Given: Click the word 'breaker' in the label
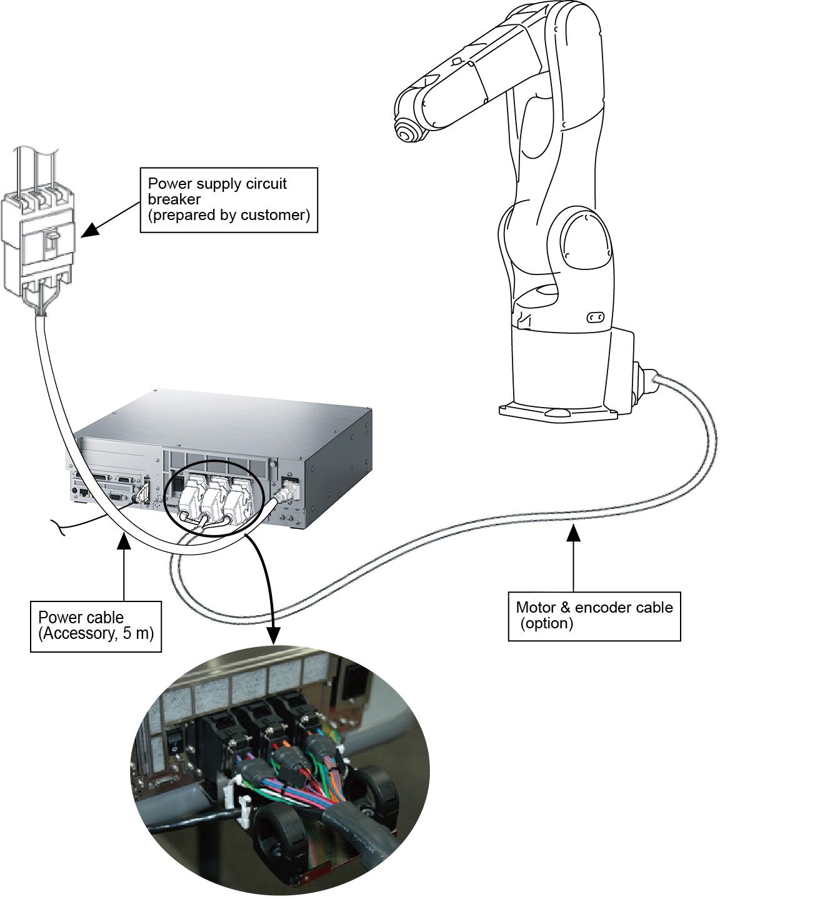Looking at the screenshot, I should click(174, 199).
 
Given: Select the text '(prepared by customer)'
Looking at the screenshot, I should click(229, 215).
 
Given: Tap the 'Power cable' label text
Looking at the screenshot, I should click(81, 618).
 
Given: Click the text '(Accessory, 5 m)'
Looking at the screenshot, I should click(96, 633).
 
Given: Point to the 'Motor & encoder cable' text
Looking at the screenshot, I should click(594, 608).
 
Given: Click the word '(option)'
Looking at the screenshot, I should click(547, 623).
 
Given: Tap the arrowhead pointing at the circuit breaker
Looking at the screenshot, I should click(91, 229).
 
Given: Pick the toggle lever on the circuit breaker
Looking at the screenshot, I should click(54, 238).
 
